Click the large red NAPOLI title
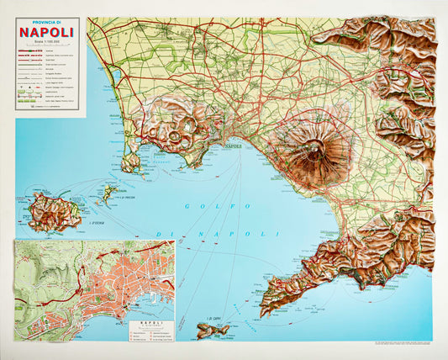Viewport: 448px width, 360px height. [47, 33]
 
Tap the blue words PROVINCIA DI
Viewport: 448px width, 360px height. [47, 23]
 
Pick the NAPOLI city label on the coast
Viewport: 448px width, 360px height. [233, 148]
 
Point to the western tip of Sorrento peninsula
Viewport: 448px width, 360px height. [262, 311]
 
